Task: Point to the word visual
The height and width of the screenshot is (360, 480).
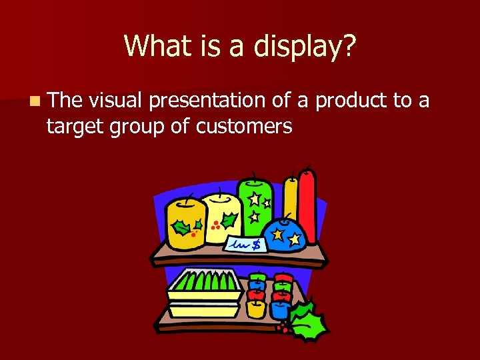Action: coord(115,101)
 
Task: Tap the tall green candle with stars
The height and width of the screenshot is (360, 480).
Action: coord(255,203)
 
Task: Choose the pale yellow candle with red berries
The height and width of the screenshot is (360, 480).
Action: coord(217,217)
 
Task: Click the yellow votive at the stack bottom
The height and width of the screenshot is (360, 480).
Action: coord(256,309)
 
